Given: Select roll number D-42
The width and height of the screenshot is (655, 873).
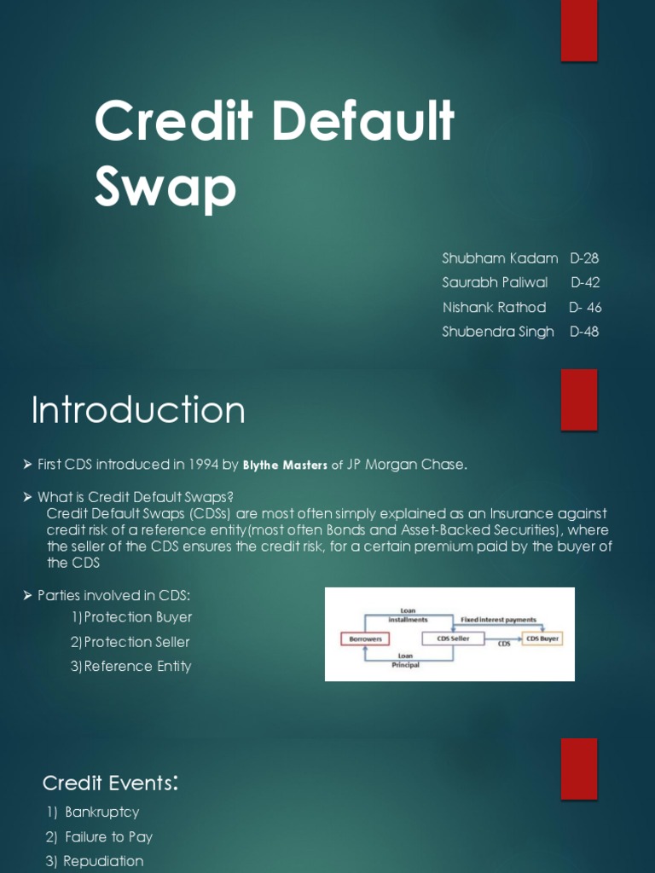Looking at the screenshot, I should click(586, 282).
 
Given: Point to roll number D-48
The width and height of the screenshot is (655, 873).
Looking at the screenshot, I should click(584, 332).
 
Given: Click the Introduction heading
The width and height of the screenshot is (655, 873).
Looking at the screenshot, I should click(138, 410).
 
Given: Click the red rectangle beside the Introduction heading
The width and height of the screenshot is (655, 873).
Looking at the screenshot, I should click(578, 400).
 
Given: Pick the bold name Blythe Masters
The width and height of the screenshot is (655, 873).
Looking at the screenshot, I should click(285, 465).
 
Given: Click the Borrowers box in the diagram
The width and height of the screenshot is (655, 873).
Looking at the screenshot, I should click(365, 638).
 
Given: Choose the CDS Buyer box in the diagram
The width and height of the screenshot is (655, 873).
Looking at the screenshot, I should click(542, 638).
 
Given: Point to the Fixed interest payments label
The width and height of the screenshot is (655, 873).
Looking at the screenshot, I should click(499, 620).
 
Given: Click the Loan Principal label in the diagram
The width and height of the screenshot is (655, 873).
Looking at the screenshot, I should click(405, 660).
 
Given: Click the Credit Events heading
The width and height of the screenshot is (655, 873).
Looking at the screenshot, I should click(110, 782).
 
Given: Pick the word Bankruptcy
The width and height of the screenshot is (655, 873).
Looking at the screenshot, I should click(101, 812).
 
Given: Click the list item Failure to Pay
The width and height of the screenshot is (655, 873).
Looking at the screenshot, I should click(108, 837).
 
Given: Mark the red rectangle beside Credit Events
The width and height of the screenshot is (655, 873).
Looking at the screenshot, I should click(578, 769).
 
